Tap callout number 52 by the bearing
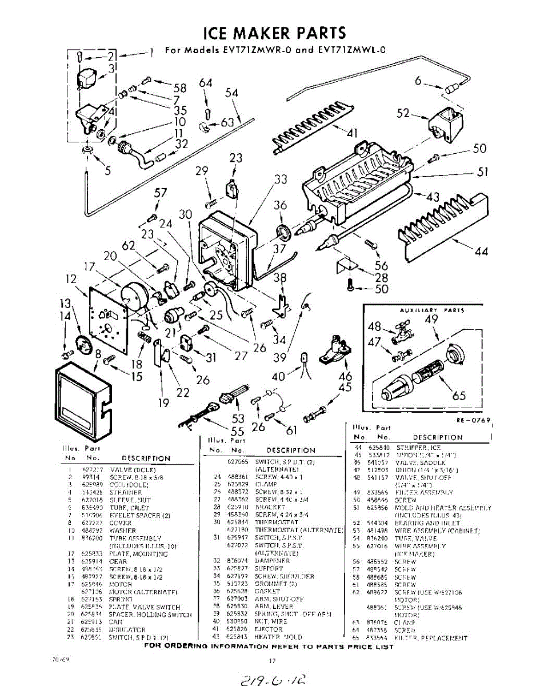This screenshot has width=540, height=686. click(x=403, y=113)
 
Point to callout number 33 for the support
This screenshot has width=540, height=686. click(x=280, y=179)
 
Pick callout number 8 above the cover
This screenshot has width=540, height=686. click(x=98, y=354)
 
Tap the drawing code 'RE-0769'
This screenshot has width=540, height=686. click(x=473, y=420)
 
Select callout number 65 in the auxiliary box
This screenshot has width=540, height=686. click(x=459, y=396)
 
